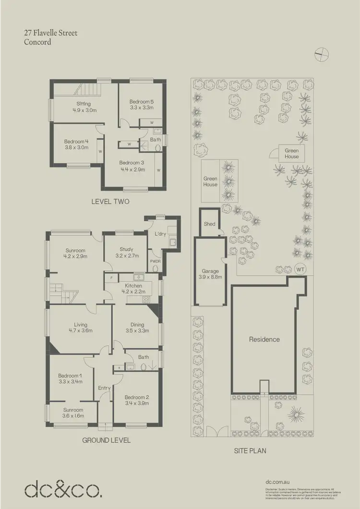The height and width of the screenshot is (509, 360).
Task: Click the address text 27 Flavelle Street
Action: [50, 33]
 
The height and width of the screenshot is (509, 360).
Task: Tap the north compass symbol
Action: [321, 54]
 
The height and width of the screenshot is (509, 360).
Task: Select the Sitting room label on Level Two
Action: [84, 104]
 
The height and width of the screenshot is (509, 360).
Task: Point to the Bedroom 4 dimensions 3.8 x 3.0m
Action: [76, 148]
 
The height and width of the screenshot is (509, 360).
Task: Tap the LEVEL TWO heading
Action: [110, 202]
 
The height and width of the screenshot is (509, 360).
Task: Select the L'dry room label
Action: [160, 234]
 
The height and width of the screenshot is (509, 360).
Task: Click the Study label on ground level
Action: [126, 249]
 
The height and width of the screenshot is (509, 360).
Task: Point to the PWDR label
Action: [155, 262]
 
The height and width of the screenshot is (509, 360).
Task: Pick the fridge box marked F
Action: [111, 278]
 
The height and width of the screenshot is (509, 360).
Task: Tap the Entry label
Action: [104, 388]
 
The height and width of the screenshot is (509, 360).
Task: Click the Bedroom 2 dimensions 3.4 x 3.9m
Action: [137, 404]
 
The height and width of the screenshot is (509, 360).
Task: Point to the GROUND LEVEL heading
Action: [107, 440]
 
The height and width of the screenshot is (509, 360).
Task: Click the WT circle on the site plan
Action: [300, 269]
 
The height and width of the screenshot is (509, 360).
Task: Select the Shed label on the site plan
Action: [209, 224]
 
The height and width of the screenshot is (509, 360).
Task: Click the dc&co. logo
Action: [63, 489]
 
